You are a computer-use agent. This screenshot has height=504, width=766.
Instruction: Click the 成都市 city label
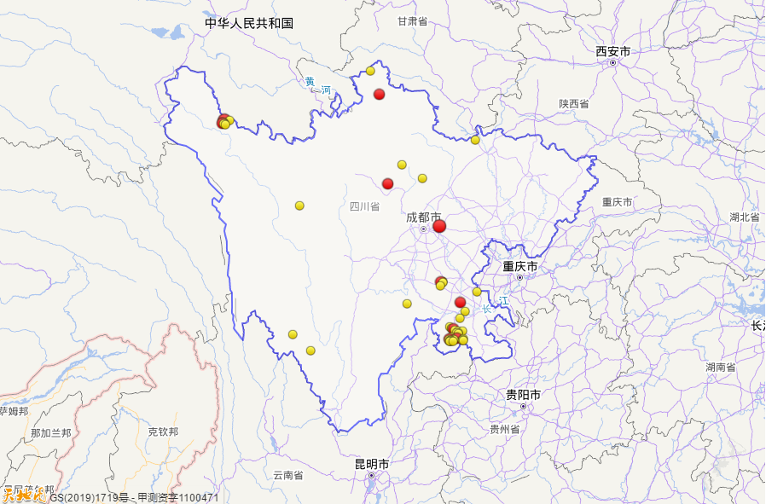tap(423, 218)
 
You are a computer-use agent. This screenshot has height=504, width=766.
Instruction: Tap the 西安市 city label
tap(613, 52)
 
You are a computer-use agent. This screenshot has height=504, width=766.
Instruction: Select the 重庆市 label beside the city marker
tap(519, 267)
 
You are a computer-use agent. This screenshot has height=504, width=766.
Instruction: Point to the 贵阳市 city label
tap(523, 395)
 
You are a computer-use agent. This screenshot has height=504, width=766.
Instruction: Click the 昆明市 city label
tap(372, 464)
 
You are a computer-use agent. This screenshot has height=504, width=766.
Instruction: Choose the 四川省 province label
tap(364, 206)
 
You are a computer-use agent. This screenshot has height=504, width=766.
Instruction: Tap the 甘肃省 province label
tap(412, 21)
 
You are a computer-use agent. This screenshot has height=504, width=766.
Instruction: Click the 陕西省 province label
tap(574, 103)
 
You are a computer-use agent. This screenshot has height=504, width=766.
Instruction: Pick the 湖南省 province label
tap(720, 367)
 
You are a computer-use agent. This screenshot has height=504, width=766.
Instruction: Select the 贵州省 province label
tap(505, 429)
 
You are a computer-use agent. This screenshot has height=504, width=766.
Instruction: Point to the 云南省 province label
tap(288, 475)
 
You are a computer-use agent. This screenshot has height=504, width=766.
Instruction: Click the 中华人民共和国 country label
tap(249, 23)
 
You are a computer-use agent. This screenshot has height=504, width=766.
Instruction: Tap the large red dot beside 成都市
tap(439, 226)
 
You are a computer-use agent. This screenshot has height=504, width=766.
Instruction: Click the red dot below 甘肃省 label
tap(380, 94)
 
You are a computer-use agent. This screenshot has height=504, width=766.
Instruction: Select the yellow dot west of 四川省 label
tap(299, 206)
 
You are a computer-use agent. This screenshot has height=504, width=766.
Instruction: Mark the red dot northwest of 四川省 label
tap(387, 183)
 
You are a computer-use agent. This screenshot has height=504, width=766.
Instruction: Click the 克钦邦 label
tap(163, 432)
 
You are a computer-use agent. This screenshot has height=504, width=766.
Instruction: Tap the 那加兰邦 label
tap(51, 433)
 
